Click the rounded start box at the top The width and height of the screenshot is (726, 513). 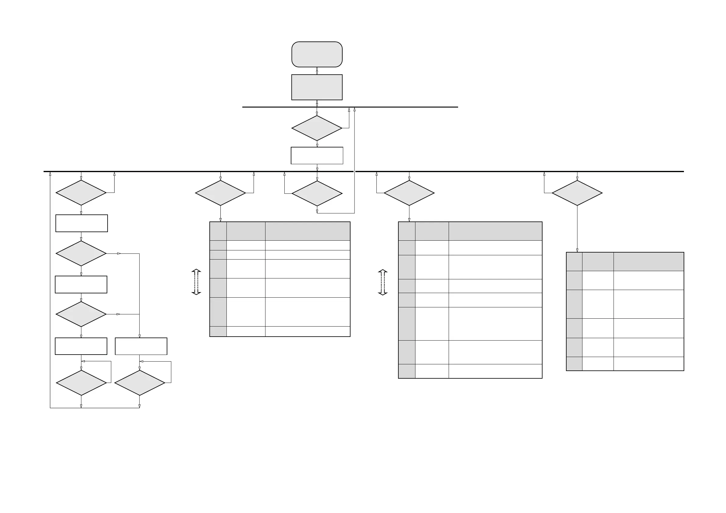tap(317, 54)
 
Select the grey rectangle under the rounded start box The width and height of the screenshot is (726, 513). tap(317, 87)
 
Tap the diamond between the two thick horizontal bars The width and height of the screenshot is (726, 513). tap(317, 128)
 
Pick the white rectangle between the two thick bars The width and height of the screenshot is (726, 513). tap(317, 155)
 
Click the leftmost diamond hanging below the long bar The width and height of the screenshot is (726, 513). tap(81, 193)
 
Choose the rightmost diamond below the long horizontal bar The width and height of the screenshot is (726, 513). tap(577, 193)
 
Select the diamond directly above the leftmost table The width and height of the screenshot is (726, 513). tap(220, 193)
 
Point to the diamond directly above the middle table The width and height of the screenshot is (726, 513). tap(409, 193)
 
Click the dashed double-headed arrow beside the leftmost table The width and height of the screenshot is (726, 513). tap(196, 282)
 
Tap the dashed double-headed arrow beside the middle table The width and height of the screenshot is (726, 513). tap(383, 282)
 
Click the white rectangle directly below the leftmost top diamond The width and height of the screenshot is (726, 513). tap(82, 223)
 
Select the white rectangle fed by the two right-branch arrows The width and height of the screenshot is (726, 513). tap(141, 346)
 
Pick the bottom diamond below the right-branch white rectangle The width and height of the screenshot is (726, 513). tap(140, 383)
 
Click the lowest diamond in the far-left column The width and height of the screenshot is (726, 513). tap(81, 383)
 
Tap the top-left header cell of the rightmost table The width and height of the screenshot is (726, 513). tap(574, 262)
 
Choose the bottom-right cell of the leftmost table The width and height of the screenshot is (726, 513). tap(307, 331)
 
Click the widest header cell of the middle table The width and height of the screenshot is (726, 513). tap(495, 231)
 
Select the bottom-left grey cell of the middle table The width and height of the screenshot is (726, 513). tap(407, 371)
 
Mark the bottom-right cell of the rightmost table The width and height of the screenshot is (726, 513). tap(649, 364)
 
